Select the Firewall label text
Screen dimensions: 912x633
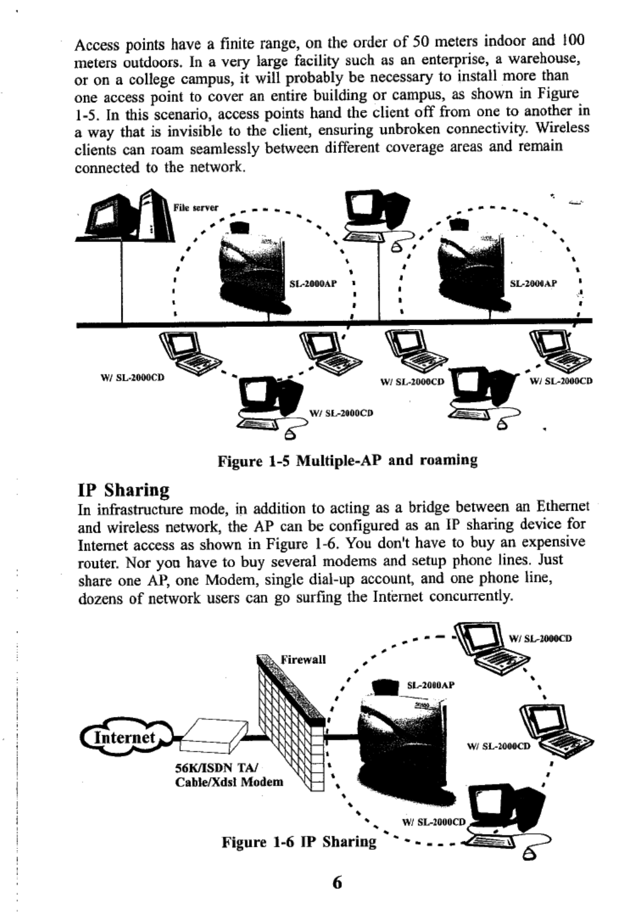click(x=304, y=659)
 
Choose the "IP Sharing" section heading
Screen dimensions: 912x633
click(x=123, y=489)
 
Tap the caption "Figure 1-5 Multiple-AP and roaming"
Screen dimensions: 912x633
click(x=348, y=460)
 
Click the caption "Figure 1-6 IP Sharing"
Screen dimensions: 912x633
click(x=299, y=841)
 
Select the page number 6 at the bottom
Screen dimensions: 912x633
click(x=337, y=883)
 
